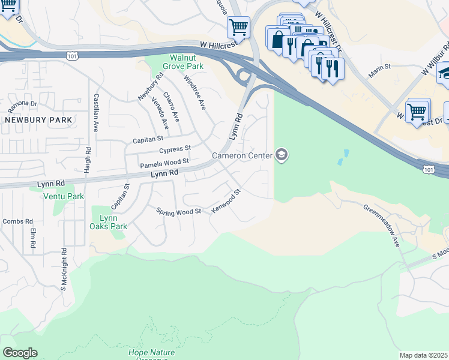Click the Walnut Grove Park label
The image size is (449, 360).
click(x=182, y=62)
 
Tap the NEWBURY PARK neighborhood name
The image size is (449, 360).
click(x=38, y=120)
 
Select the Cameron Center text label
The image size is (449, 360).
click(x=242, y=156)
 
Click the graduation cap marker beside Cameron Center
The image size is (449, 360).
click(x=282, y=155)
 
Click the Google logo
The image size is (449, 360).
click(x=20, y=353)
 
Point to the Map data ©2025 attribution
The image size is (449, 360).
click(x=423, y=355)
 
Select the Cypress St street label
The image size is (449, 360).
click(x=175, y=149)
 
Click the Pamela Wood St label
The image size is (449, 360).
click(x=164, y=163)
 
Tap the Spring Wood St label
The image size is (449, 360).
click(x=178, y=212)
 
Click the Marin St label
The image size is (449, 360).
click(x=380, y=69)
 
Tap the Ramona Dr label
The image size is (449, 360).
click(x=22, y=106)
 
